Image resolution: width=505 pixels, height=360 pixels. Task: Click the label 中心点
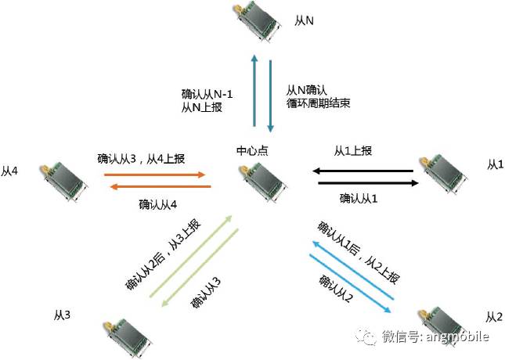click(253, 149)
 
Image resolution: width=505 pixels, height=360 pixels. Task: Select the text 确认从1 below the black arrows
click(359, 199)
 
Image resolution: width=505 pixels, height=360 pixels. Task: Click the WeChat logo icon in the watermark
click(368, 336)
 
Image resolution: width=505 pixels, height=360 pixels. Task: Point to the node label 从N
click(305, 20)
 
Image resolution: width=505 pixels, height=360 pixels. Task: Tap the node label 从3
click(63, 315)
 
